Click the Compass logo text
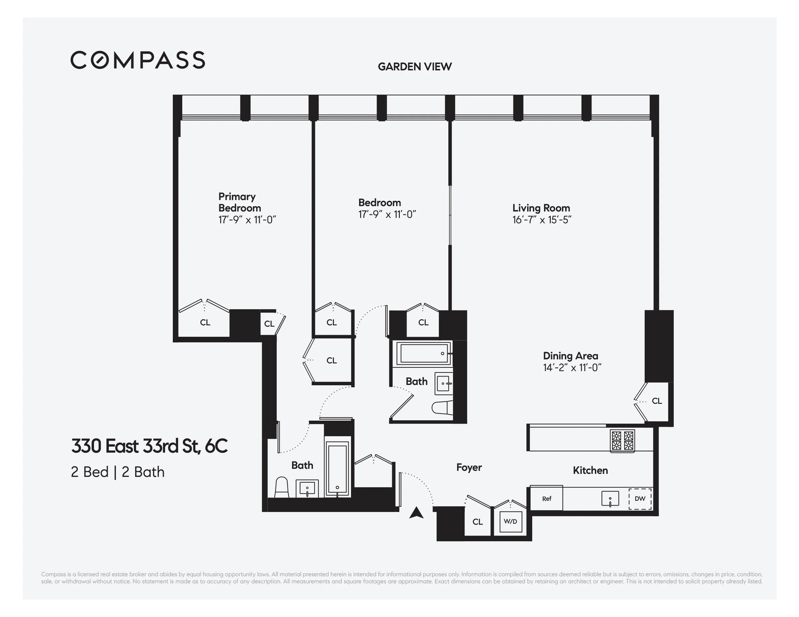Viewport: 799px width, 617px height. [x=137, y=60]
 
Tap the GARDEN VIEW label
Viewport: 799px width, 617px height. [x=415, y=67]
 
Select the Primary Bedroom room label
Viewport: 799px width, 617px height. [x=239, y=202]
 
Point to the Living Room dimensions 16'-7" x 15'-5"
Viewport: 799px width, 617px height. [x=541, y=220]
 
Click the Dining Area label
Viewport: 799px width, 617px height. [x=570, y=356]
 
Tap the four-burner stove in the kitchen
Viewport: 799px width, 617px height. [x=622, y=440]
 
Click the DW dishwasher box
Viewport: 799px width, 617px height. [x=640, y=498]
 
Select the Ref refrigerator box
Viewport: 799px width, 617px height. [x=546, y=498]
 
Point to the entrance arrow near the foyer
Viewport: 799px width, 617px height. [x=416, y=513]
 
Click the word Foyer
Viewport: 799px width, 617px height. [x=469, y=467]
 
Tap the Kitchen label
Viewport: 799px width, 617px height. [x=590, y=470]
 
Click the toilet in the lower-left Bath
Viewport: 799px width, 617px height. [x=281, y=488]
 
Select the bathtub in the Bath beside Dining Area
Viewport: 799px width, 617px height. [x=424, y=353]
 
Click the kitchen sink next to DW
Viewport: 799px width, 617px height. [x=610, y=498]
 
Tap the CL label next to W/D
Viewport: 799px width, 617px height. [x=477, y=522]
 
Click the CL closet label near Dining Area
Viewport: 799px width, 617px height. [x=657, y=401]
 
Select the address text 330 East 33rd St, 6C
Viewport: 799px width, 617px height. [x=149, y=446]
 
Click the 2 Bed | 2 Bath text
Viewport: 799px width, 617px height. [x=118, y=472]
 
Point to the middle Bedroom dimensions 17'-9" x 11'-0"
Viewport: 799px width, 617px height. [x=387, y=215]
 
